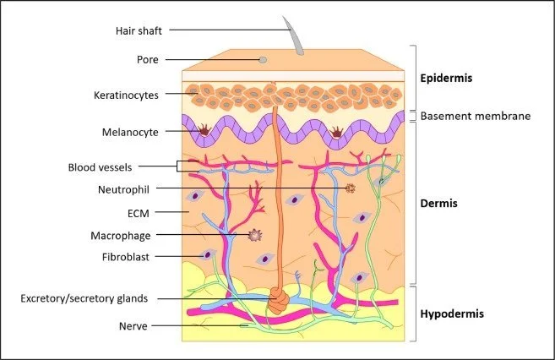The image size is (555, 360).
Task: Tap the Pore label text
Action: (148, 60)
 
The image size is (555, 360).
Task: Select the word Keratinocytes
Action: (126, 95)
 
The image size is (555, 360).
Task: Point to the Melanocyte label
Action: (131, 132)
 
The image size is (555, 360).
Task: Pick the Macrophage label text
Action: (128, 234)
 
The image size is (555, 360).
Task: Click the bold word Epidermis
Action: (447, 79)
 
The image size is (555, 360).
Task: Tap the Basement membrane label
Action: (476, 116)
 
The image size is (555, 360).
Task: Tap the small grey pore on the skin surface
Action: (263, 60)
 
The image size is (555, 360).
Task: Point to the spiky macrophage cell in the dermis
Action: (252, 236)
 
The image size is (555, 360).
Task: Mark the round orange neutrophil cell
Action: (350, 188)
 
